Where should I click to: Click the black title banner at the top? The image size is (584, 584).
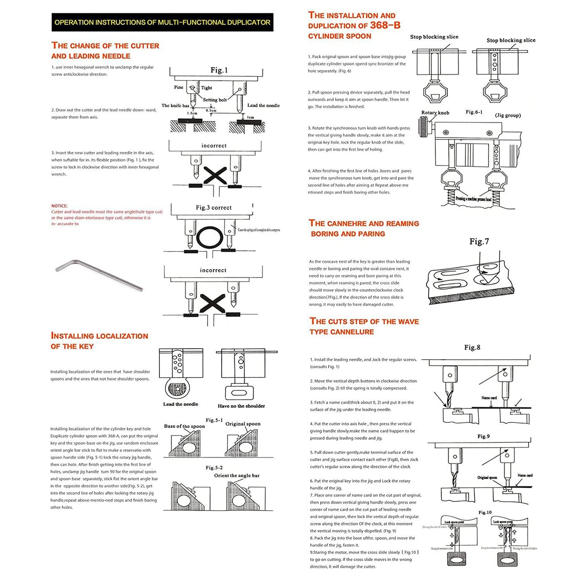point(162,22)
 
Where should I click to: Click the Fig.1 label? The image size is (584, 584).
point(219,70)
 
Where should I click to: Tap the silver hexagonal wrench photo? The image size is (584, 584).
point(99,275)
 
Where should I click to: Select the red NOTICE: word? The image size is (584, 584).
point(59,206)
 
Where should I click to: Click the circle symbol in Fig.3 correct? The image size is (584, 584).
point(210,238)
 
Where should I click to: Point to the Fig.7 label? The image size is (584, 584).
point(479,241)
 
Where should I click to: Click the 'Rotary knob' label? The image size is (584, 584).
point(435,113)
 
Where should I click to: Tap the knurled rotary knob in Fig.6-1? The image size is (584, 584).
point(424,127)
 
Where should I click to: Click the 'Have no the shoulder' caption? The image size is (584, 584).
point(241,406)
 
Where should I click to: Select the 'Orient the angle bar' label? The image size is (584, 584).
point(237,476)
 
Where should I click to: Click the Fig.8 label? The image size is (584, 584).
point(472,347)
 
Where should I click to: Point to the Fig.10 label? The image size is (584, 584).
point(485,512)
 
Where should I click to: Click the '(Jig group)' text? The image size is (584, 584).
point(508,115)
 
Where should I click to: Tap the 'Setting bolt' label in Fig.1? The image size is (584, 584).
point(215,100)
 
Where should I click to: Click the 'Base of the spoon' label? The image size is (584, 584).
point(184,426)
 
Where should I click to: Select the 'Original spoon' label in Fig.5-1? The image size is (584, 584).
point(243,424)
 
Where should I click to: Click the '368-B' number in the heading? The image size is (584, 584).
point(385,25)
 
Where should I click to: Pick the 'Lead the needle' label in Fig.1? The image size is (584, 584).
point(263,105)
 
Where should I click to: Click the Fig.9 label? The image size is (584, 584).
point(483,436)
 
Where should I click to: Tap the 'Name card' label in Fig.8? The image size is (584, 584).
point(489,398)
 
